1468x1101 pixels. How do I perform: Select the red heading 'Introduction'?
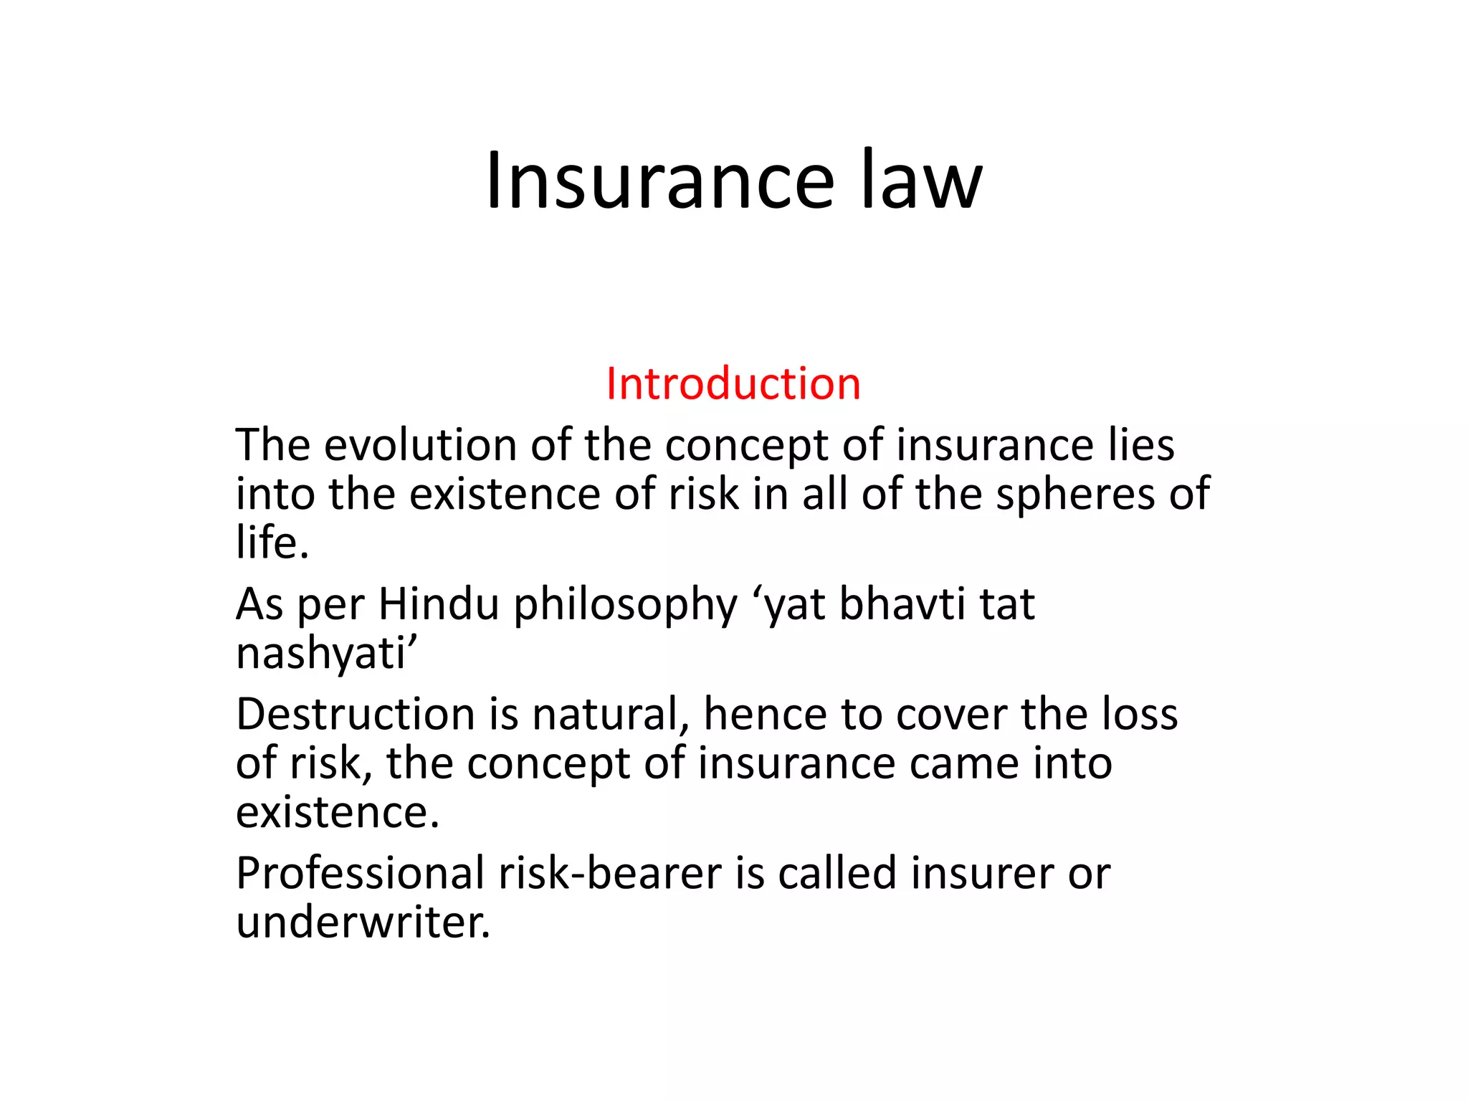[x=733, y=383]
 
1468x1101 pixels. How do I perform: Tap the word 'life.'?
[x=272, y=542]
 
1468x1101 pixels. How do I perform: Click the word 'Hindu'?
[x=439, y=604]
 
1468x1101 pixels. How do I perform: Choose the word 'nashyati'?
[x=323, y=654]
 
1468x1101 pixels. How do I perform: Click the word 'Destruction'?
[x=356, y=715]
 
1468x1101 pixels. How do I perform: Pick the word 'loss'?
[x=1140, y=715]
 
